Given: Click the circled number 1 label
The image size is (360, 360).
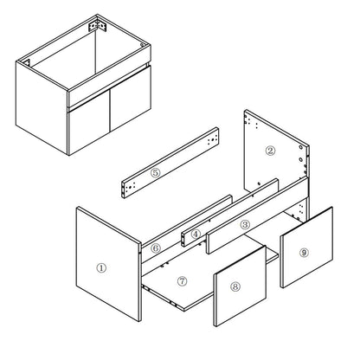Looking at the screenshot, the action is click(x=101, y=268).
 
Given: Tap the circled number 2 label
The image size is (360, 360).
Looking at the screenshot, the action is click(x=270, y=151).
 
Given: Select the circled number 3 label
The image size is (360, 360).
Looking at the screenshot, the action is click(x=245, y=224).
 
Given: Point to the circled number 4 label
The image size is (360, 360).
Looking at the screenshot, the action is click(x=196, y=235).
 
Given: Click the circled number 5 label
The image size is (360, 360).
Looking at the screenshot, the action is click(x=155, y=173).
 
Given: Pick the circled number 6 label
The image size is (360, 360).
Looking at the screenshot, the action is click(x=156, y=247).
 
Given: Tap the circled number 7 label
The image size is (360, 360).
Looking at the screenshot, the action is click(x=183, y=281).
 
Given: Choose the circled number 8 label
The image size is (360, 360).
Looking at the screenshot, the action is click(x=235, y=286).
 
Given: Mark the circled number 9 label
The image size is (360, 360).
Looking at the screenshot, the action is click(x=304, y=253).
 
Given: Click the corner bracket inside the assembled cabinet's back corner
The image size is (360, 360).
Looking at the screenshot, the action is click(x=98, y=26).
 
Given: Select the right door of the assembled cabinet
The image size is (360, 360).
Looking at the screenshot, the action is click(x=131, y=99).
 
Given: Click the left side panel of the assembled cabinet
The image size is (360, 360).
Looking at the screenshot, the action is click(x=42, y=106).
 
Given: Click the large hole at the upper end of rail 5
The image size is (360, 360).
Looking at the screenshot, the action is click(x=213, y=140).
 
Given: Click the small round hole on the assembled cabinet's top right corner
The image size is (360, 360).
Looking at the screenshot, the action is click(x=142, y=45).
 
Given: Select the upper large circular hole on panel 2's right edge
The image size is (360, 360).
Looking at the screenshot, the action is click(x=301, y=147).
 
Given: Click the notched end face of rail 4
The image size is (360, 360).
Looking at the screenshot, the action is click(x=183, y=240).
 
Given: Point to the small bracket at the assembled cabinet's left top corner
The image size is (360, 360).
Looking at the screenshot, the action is click(x=26, y=62).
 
